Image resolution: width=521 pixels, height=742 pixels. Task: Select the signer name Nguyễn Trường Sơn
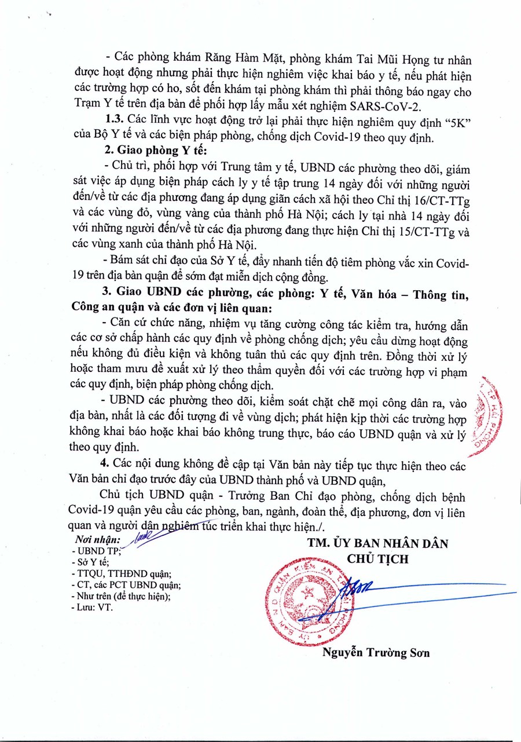coord(376,653)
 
